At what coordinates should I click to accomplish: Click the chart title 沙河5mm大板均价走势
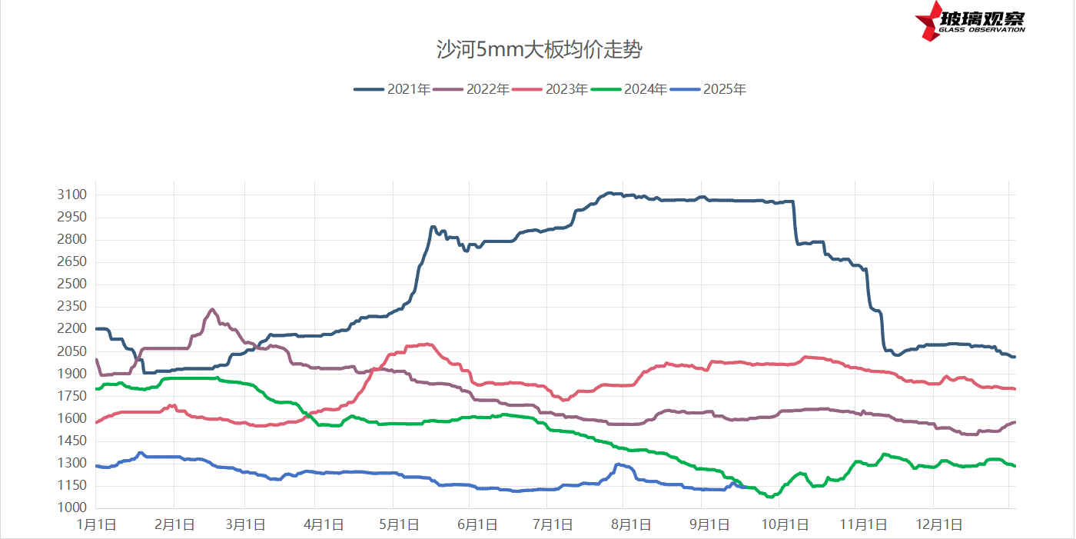tap(538, 51)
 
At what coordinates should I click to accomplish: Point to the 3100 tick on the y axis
tap(72, 195)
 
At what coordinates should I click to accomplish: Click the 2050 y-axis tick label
tap(72, 351)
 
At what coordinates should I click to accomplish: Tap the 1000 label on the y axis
tap(72, 508)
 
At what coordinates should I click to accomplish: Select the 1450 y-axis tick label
tap(72, 441)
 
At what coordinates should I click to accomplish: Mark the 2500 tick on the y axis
tap(72, 284)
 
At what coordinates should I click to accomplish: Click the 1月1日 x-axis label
tap(96, 525)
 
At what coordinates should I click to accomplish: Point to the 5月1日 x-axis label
tap(398, 525)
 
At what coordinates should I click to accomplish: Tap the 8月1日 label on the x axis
tap(630, 525)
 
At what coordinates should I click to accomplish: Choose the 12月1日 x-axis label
tap(941, 525)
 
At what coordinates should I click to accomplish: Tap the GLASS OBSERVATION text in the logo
tap(981, 30)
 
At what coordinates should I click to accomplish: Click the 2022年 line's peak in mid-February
tap(212, 310)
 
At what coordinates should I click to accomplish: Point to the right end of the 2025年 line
tap(747, 487)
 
